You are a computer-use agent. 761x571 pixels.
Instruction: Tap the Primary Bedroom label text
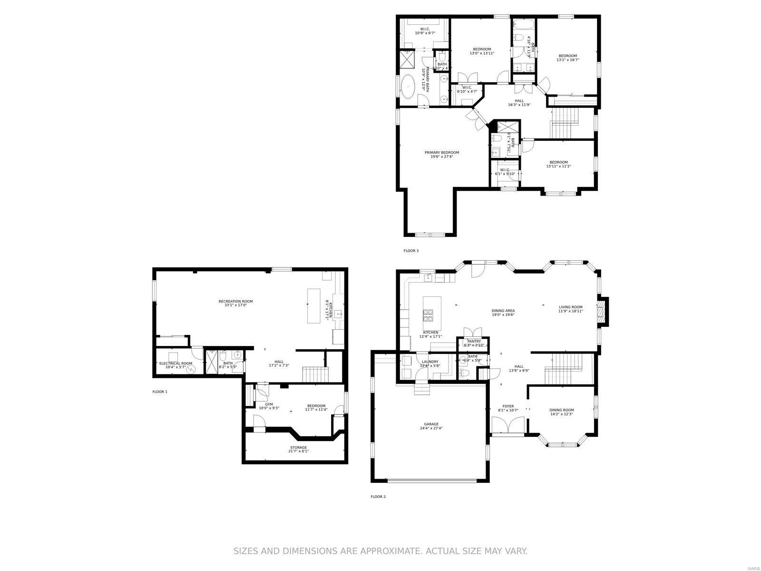pyautogui.click(x=442, y=154)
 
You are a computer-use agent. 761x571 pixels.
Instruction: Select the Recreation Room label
pyautogui.click(x=235, y=303)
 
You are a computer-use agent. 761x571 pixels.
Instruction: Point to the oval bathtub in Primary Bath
pyautogui.click(x=408, y=87)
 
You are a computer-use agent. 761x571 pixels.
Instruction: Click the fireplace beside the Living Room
pyautogui.click(x=603, y=311)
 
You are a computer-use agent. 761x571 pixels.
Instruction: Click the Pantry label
pyautogui.click(x=474, y=343)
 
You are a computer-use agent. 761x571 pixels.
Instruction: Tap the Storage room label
pyautogui.click(x=298, y=449)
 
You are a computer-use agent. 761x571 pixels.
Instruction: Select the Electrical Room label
pyautogui.click(x=176, y=365)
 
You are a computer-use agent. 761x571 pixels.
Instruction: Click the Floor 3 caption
pyautogui.click(x=411, y=251)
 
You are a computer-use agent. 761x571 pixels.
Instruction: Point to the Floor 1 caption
pyautogui.click(x=160, y=392)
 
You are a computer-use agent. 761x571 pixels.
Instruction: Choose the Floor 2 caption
pyautogui.click(x=378, y=497)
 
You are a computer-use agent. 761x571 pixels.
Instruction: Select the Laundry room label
pyautogui.click(x=430, y=364)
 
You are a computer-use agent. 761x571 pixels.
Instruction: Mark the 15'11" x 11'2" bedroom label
pyautogui.click(x=558, y=164)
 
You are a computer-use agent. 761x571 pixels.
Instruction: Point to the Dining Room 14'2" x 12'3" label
pyautogui.click(x=561, y=412)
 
